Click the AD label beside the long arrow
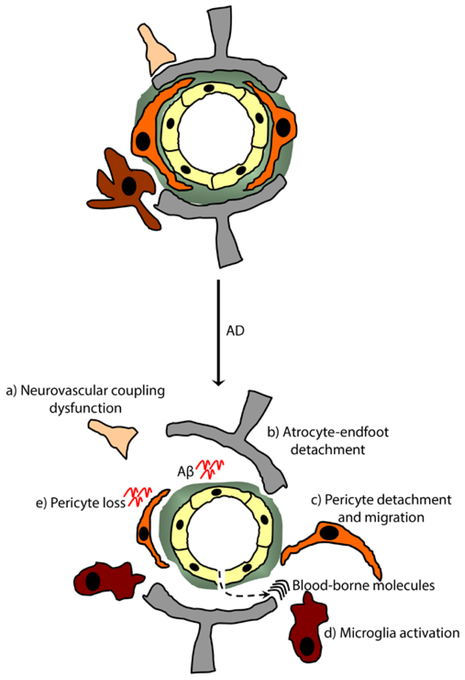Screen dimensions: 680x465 pos(235,331)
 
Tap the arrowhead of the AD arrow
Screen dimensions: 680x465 pos(218,382)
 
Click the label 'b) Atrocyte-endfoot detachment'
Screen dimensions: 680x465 pos(328,440)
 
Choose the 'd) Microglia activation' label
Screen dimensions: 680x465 pos(392,633)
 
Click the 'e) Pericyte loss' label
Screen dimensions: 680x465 pos(80,503)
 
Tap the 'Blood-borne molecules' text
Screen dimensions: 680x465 pos(363,585)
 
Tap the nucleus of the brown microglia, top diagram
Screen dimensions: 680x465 pos(129,186)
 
